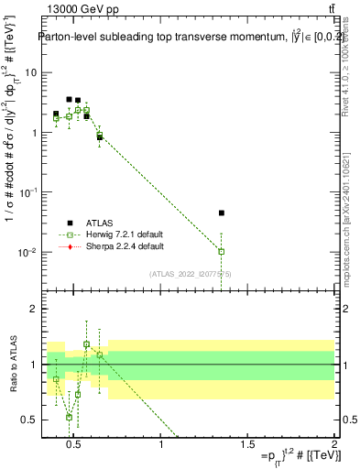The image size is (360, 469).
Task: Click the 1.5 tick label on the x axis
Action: [x=247, y=446]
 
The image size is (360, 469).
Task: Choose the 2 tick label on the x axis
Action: [x=333, y=446]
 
